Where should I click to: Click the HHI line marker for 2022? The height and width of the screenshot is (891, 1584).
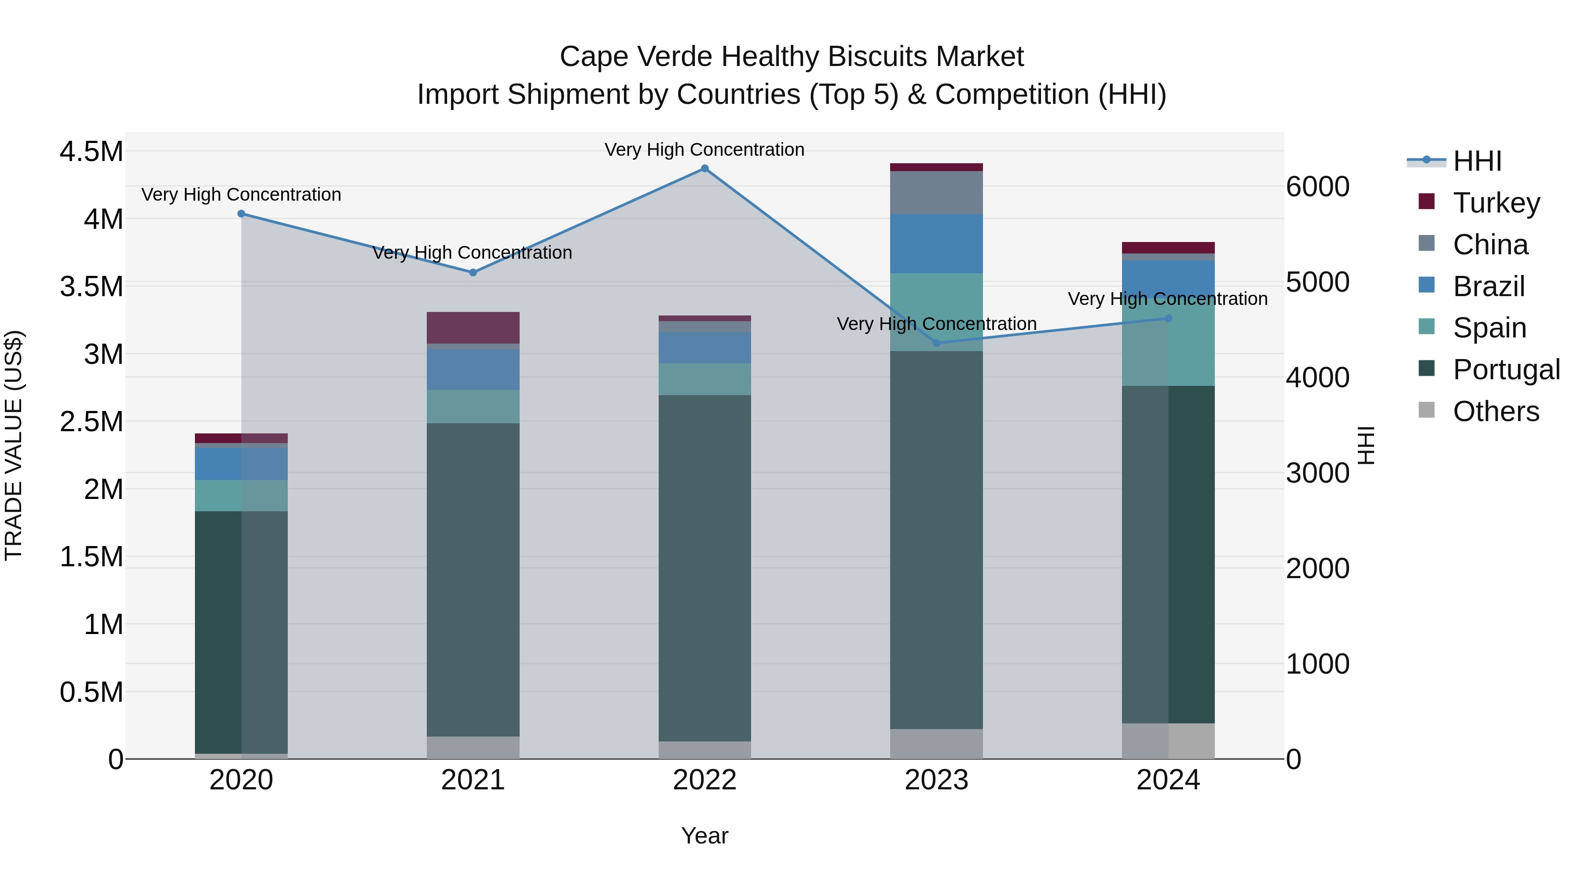[705, 169]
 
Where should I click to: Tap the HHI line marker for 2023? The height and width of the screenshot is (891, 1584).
[936, 343]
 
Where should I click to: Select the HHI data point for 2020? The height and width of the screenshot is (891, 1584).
[241, 214]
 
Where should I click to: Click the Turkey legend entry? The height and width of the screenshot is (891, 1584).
[1496, 203]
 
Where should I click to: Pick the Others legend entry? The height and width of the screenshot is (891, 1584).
[1496, 411]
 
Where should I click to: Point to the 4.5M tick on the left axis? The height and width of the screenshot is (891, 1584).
[91, 151]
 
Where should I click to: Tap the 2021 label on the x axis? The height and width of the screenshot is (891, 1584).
[473, 780]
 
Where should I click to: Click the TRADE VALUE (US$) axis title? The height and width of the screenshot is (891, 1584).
[14, 445]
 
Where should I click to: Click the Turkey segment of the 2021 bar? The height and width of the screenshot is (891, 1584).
[473, 328]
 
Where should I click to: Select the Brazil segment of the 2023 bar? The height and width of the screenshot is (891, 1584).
[936, 243]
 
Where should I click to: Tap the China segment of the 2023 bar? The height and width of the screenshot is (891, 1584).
[936, 192]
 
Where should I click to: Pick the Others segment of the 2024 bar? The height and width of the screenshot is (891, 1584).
[1168, 741]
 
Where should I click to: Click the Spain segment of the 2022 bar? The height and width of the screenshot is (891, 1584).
[705, 379]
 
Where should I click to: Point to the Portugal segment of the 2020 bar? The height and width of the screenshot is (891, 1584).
[241, 632]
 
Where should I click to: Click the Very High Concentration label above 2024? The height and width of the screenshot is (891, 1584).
[1168, 299]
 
